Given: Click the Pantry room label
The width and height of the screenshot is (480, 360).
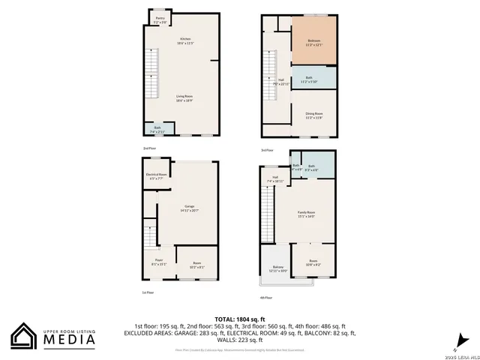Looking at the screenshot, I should point(160,21).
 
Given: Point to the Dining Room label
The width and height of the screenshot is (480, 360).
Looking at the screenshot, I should point(313,116).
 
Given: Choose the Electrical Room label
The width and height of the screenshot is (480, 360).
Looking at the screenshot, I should point(157,176).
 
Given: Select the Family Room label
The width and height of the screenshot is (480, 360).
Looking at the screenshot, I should point(306,214).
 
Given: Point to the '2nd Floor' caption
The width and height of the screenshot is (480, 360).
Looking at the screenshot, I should point(148,149).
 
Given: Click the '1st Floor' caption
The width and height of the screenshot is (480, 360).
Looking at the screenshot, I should point(148,292).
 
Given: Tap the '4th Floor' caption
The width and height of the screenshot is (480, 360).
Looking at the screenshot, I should point(267,298).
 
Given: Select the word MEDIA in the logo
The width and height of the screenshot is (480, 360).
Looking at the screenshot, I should point(72,340).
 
